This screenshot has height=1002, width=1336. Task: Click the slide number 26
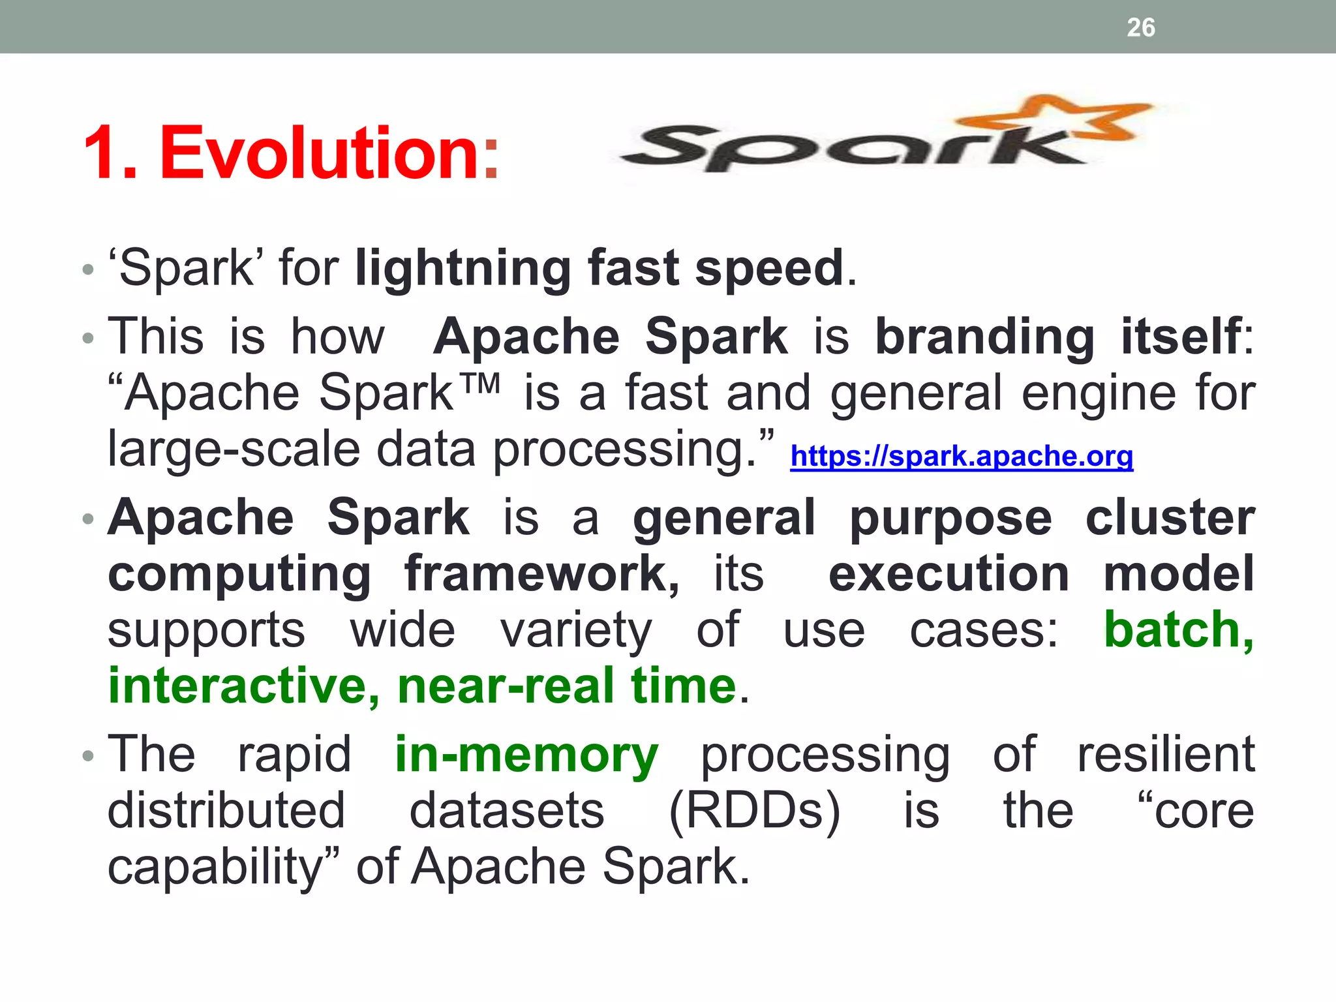pyautogui.click(x=1140, y=27)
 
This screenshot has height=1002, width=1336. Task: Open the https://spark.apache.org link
pyautogui.click(x=961, y=456)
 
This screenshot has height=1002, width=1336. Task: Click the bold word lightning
pyautogui.click(x=463, y=269)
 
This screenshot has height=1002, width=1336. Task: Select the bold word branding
pyautogui.click(x=984, y=337)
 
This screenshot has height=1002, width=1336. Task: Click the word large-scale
pyautogui.click(x=234, y=449)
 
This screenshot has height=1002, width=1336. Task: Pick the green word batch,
pyautogui.click(x=1177, y=630)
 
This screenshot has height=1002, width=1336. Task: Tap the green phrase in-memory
pyautogui.click(x=526, y=755)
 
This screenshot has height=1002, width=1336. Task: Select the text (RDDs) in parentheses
pyautogui.click(x=754, y=811)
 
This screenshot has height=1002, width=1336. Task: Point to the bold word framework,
pyautogui.click(x=541, y=574)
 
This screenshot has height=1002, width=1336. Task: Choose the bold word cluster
pyautogui.click(x=1170, y=518)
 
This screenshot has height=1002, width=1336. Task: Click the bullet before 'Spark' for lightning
pyautogui.click(x=88, y=269)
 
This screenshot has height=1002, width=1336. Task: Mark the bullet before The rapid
pyautogui.click(x=88, y=756)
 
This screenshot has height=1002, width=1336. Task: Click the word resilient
pyautogui.click(x=1165, y=755)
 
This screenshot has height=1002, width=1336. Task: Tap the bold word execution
pyautogui.click(x=949, y=574)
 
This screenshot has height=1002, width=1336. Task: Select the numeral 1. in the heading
pyautogui.click(x=110, y=154)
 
